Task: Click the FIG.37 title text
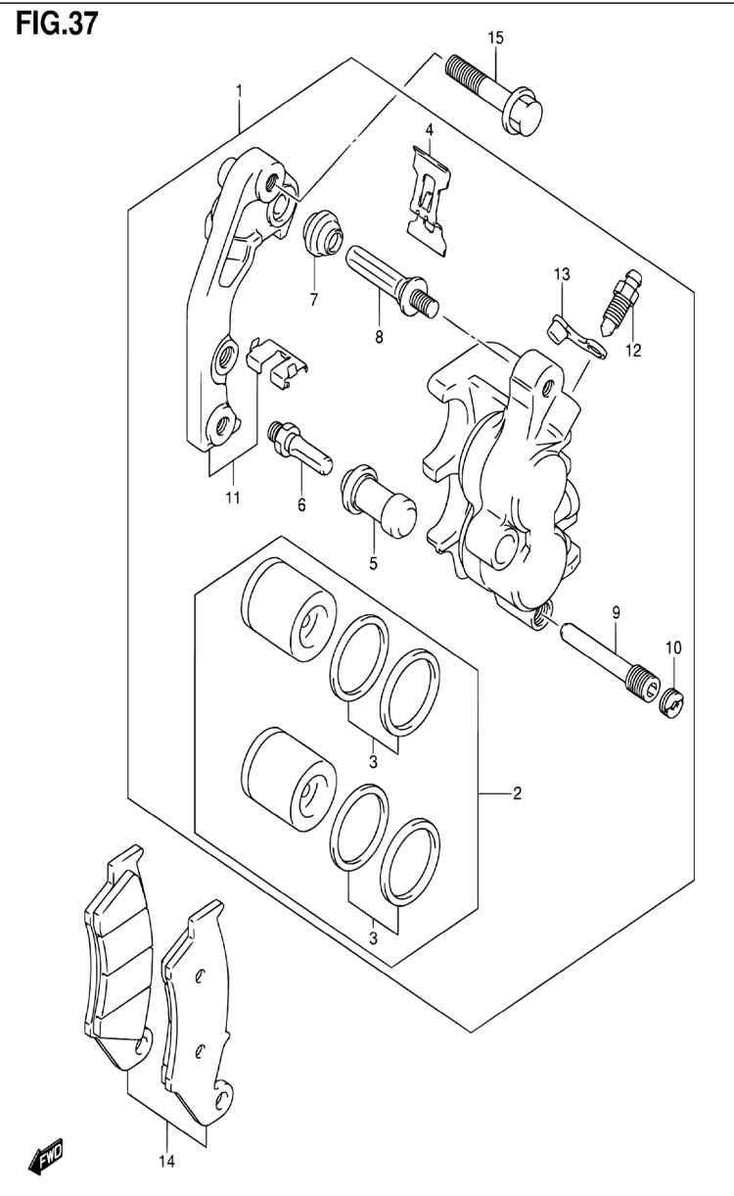click(57, 24)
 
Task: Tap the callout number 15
click(495, 38)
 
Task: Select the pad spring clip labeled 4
click(431, 201)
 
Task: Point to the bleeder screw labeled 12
click(622, 303)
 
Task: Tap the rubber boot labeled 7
click(323, 234)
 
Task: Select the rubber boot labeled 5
click(380, 502)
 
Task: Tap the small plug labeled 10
click(673, 702)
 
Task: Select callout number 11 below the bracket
click(233, 498)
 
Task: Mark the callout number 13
click(562, 274)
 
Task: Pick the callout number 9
click(617, 612)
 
